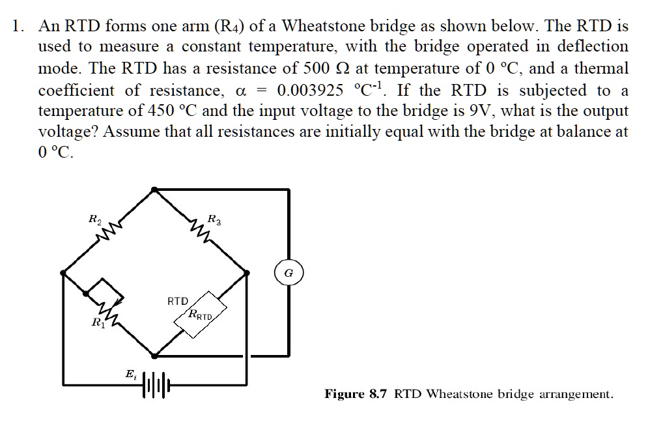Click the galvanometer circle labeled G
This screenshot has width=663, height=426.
(x=288, y=274)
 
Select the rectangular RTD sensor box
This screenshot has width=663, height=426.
(x=200, y=315)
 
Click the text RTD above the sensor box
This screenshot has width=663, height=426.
(x=177, y=302)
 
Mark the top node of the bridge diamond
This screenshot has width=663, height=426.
(x=153, y=190)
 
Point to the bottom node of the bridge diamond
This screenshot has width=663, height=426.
(x=154, y=356)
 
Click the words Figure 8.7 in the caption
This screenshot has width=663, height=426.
(x=357, y=394)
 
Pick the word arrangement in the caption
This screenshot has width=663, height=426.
(x=577, y=395)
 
